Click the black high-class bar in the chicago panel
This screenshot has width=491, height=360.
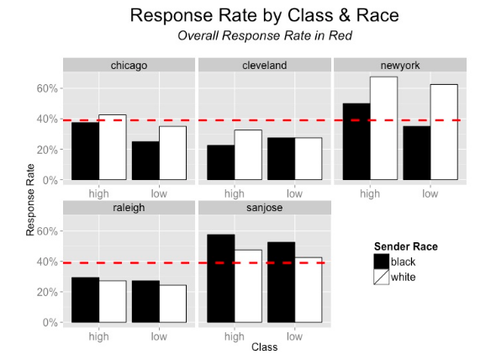pyautogui.click(x=86, y=151)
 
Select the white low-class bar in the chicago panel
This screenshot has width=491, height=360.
pyautogui.click(x=173, y=153)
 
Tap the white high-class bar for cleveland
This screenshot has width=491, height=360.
pyautogui.click(x=248, y=155)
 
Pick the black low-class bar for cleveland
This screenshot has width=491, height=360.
pyautogui.click(x=281, y=159)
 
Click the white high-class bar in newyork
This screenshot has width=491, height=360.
pyautogui.click(x=384, y=129)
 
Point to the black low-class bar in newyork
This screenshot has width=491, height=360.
pyautogui.click(x=417, y=153)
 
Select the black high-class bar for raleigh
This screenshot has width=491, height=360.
pyautogui.click(x=86, y=299)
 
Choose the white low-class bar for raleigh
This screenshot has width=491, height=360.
pyautogui.click(x=173, y=304)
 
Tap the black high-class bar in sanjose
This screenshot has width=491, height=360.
pyautogui.click(x=221, y=278)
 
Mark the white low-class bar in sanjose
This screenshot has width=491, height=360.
pyautogui.click(x=309, y=290)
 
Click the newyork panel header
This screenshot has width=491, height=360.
pyautogui.click(x=400, y=65)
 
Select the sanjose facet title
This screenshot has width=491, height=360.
pyautogui.click(x=265, y=208)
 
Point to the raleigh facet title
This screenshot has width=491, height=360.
pyautogui.click(x=129, y=208)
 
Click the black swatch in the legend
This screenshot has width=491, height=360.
pyautogui.click(x=382, y=262)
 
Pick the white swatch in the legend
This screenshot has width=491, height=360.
pyautogui.click(x=382, y=277)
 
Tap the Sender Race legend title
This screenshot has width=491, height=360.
pyautogui.click(x=406, y=246)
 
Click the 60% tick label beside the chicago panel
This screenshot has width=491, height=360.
pyautogui.click(x=47, y=88)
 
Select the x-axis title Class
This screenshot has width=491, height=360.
pyautogui.click(x=265, y=347)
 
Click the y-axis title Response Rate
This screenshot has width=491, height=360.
pyautogui.click(x=30, y=199)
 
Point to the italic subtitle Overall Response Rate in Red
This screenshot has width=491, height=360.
pyautogui.click(x=265, y=35)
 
